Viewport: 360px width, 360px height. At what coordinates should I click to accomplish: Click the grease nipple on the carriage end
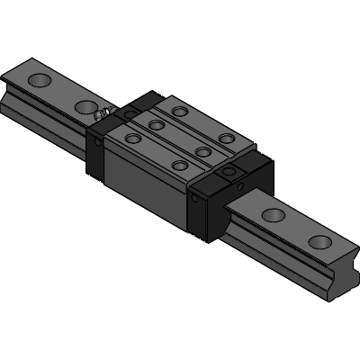click(x=105, y=113)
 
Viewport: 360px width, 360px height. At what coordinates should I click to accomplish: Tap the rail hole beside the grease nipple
click(x=85, y=109)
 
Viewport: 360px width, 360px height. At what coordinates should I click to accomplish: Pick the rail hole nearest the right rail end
click(x=319, y=241)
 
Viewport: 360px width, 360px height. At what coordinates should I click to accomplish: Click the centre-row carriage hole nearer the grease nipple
click(x=156, y=125)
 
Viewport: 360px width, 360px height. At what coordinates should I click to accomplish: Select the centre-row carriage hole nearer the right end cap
click(x=202, y=151)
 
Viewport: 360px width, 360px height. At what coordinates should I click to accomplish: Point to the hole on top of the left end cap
click(x=128, y=114)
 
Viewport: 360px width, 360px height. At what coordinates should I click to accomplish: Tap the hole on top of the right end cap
click(x=231, y=170)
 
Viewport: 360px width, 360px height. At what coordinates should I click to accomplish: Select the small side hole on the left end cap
click(x=97, y=142)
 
